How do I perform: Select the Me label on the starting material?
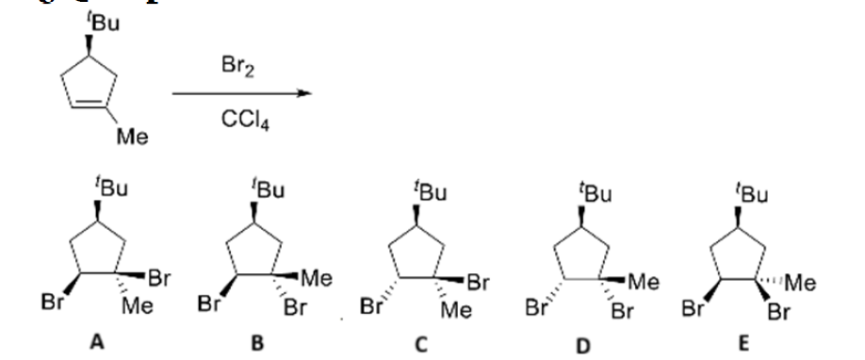pos(124,140)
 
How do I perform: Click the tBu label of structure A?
pos(113,191)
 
